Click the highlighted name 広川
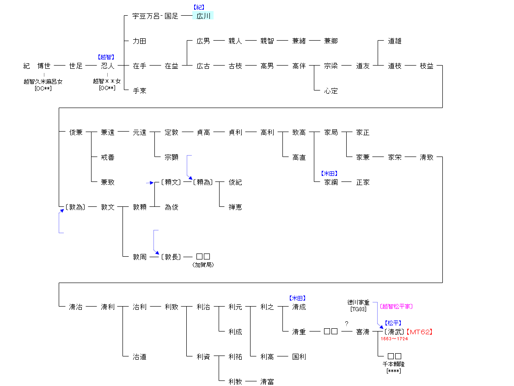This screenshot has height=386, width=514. click(x=203, y=16)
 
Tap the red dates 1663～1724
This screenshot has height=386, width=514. click(x=394, y=339)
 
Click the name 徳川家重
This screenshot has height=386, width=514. click(x=358, y=302)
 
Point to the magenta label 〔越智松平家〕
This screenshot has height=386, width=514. click(x=396, y=306)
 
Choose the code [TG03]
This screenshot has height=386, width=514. click(x=358, y=309)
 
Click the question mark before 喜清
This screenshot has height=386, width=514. click(x=346, y=324)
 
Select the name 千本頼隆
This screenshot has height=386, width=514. click(x=391, y=364)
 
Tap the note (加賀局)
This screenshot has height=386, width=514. click(x=203, y=265)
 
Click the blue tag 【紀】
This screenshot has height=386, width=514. click(x=199, y=7)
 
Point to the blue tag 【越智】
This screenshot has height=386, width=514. click(x=106, y=57)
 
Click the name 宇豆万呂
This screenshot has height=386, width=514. click(x=145, y=16)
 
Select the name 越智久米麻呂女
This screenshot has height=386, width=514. click(x=43, y=81)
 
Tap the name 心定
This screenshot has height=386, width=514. click(x=331, y=91)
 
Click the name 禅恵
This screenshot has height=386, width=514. click(x=235, y=207)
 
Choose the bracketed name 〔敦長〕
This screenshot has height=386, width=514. click(x=171, y=257)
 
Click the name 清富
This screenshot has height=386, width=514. click(x=267, y=382)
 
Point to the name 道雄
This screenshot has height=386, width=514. click(x=395, y=41)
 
